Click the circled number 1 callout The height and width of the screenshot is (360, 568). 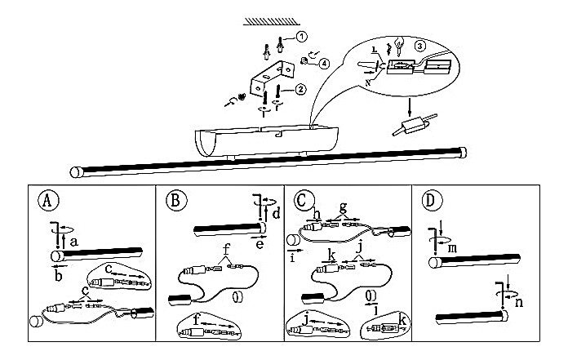[x=303, y=37]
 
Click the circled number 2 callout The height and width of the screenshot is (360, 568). [x=301, y=89]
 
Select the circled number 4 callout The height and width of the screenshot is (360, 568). [x=324, y=63]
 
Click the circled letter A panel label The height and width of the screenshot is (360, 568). [x=47, y=200]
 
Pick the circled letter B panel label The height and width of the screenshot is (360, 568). [x=172, y=200]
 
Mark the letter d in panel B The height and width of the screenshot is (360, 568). [x=276, y=214]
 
